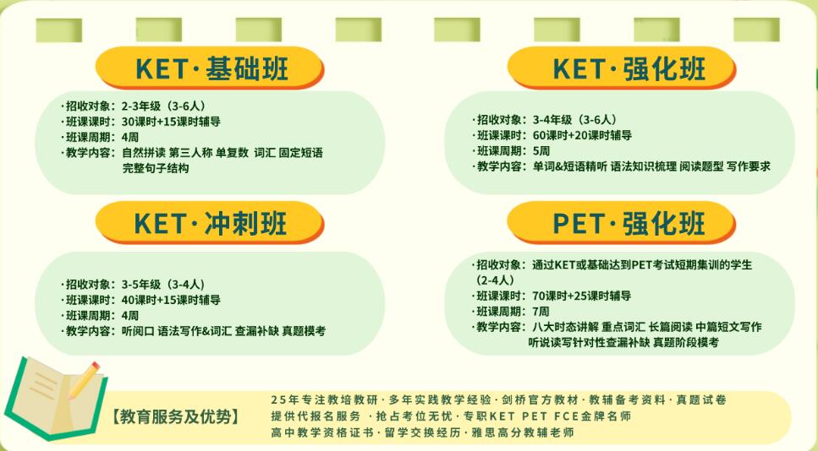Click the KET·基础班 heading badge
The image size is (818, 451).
click(210, 68)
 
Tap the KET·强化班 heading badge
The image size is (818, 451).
click(622, 68)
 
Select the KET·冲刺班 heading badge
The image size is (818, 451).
click(210, 223)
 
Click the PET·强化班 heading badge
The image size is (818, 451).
click(622, 223)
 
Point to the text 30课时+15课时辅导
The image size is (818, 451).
click(171, 122)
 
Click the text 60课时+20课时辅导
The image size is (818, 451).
click(582, 135)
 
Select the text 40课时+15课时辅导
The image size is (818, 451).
click(171, 300)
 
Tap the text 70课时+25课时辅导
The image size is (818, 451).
click(582, 296)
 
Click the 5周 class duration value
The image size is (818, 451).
click(541, 151)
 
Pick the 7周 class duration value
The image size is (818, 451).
click(541, 312)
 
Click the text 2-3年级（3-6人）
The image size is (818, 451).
click(164, 106)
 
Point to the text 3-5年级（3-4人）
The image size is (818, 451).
click(163, 285)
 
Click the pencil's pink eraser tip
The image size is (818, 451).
click(95, 367)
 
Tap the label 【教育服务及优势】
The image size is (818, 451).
click(175, 417)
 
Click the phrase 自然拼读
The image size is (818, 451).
click(144, 153)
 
